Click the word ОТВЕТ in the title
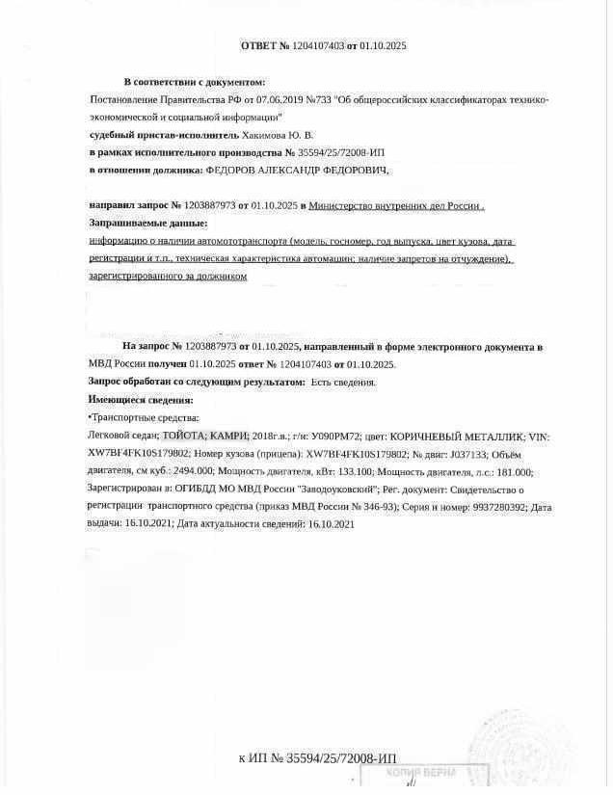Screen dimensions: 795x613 point(258,45)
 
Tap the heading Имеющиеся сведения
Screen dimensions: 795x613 point(141,399)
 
